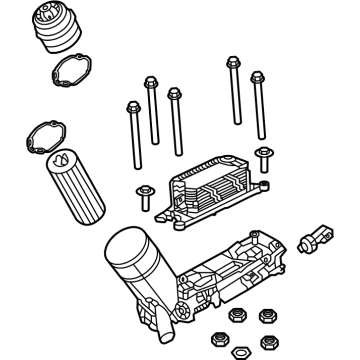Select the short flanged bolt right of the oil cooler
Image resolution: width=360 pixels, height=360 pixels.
pos(265,158)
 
